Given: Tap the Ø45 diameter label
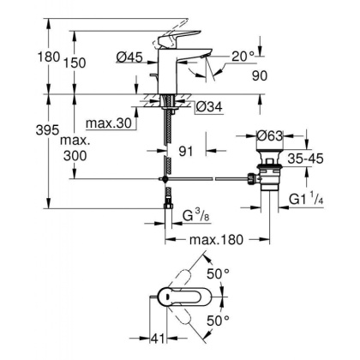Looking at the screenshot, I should click(x=127, y=57).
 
